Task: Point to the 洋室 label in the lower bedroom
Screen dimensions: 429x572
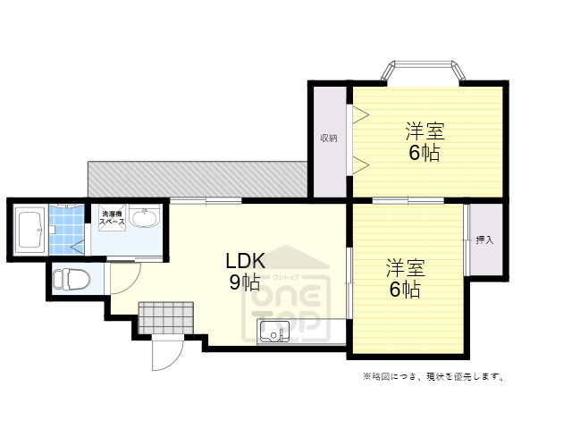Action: (x=404, y=267)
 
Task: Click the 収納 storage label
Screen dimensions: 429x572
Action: (x=329, y=139)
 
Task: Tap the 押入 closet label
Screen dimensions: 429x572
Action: (x=484, y=240)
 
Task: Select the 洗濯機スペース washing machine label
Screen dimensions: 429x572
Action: (x=112, y=217)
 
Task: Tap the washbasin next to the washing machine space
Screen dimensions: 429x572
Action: (x=144, y=217)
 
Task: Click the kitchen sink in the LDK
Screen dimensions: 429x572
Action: (x=273, y=332)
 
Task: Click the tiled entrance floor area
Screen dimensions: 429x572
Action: (x=166, y=317)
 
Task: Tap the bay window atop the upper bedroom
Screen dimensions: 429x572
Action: (x=425, y=71)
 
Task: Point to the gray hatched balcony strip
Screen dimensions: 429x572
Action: (x=197, y=178)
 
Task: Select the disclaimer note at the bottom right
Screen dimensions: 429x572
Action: (x=433, y=376)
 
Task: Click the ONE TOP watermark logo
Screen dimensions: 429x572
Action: (x=295, y=295)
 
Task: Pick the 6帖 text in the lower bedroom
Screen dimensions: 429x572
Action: (x=404, y=290)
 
